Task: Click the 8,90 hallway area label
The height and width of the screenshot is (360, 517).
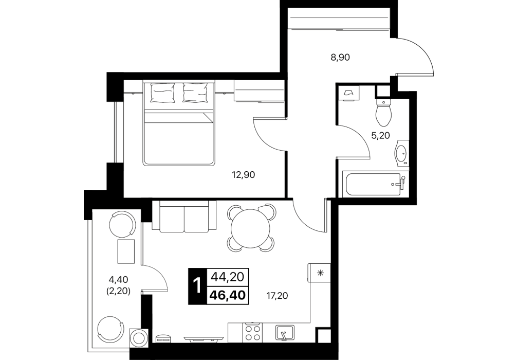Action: [340, 58]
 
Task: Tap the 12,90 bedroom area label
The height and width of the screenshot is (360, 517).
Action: [244, 175]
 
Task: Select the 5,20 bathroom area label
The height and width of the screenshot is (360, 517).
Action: [380, 135]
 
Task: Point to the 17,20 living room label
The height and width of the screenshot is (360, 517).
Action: [277, 296]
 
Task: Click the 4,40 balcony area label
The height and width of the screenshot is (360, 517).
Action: [118, 280]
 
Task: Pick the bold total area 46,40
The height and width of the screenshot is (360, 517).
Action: [228, 295]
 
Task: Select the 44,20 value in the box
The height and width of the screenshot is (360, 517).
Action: [228, 277]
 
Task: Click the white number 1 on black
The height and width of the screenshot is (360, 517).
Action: [197, 286]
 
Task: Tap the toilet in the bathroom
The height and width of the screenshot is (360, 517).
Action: [383, 112]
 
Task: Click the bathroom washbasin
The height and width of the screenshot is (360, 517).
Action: [401, 153]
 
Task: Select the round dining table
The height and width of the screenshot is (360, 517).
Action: [250, 228]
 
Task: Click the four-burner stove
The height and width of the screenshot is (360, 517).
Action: [253, 333]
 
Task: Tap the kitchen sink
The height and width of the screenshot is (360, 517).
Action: [285, 333]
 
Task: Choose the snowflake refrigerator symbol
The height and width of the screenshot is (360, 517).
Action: [320, 273]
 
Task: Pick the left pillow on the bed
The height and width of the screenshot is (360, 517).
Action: [162, 92]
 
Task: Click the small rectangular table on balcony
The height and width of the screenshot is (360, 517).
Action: [126, 251]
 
